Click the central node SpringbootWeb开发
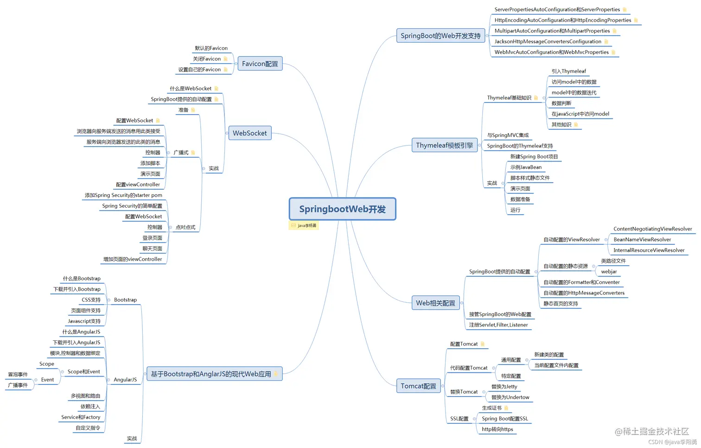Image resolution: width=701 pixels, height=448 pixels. [342, 209]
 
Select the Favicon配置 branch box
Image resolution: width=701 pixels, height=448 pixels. [260, 64]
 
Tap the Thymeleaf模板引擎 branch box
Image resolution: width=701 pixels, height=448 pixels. [444, 146]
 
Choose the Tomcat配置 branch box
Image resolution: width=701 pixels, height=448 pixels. [418, 386]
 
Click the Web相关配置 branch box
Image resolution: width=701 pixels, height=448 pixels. [435, 303]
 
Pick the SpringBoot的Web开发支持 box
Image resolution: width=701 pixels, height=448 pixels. [440, 36]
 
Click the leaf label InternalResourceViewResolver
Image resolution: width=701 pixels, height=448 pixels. [649, 250]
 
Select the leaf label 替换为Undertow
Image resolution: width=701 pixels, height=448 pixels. [510, 397]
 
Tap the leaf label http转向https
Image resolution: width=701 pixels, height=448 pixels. [497, 429]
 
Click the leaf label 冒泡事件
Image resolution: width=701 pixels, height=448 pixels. [18, 375]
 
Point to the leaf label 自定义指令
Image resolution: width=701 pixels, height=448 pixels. [88, 428]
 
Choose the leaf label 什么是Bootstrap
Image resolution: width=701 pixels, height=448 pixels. [82, 279]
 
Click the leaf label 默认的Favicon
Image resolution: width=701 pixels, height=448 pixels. [211, 48]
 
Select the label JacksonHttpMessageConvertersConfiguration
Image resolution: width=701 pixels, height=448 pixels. [548, 42]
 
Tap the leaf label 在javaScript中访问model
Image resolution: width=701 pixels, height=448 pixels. [580, 114]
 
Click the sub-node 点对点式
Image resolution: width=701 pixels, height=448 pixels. [185, 227]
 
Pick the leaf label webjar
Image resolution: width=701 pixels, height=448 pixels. [609, 272]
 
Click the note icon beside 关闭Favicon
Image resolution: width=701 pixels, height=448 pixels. [225, 59]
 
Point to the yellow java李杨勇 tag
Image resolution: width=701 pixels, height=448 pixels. [304, 226]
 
